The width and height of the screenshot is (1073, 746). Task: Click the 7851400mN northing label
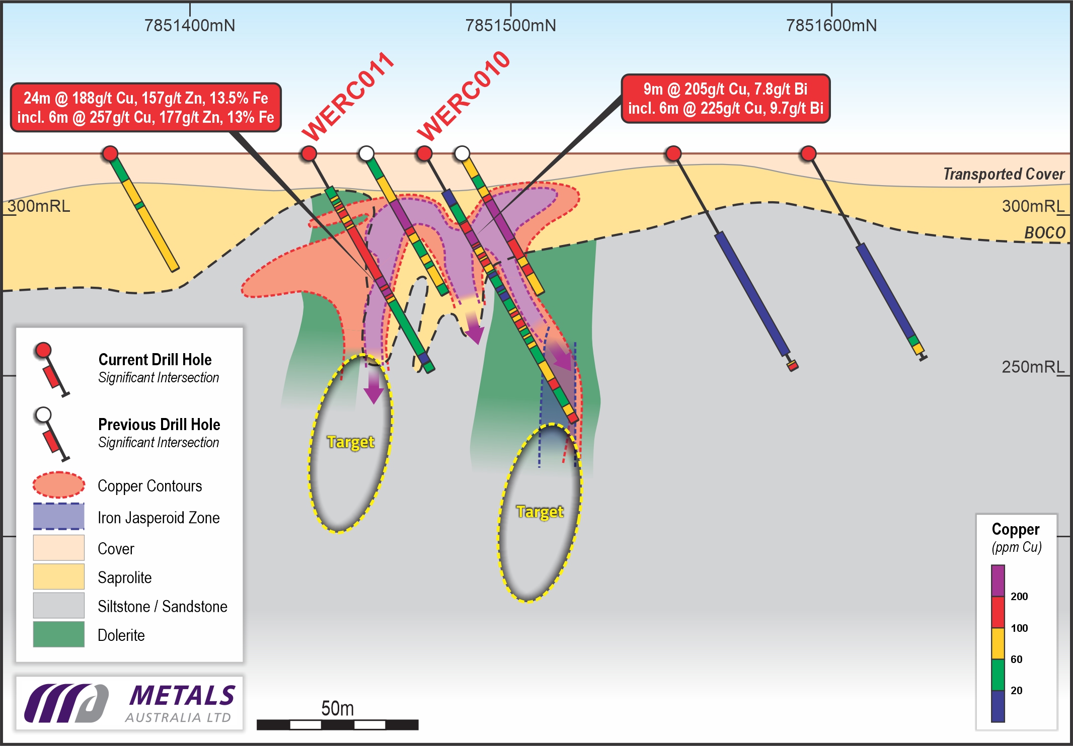tap(190, 25)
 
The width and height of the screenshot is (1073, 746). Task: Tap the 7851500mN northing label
tap(510, 25)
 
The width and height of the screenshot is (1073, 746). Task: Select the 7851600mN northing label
tap(831, 25)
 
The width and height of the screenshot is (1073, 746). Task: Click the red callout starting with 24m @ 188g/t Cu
tap(145, 108)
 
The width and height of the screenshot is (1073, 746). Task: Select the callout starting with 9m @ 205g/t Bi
tap(725, 99)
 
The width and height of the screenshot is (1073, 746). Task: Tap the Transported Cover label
tap(1004, 174)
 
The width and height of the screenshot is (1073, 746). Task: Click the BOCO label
tap(1045, 232)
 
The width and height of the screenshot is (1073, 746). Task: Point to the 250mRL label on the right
tap(1033, 367)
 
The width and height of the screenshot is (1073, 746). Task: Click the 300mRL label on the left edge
tap(39, 206)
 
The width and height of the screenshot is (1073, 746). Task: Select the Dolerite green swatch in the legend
tap(59, 634)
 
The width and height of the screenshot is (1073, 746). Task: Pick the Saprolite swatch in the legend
tap(59, 576)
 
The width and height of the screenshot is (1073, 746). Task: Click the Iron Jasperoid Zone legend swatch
tap(59, 517)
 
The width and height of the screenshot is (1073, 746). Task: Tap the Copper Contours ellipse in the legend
tap(59, 485)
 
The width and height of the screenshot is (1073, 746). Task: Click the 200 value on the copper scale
tap(1019, 597)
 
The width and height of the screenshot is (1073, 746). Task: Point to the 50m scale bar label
tap(337, 709)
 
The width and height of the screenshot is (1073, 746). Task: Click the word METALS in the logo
tap(182, 696)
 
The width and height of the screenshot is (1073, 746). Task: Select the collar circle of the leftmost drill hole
tap(110, 153)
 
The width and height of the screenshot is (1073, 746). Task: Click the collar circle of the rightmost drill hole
tap(808, 153)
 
